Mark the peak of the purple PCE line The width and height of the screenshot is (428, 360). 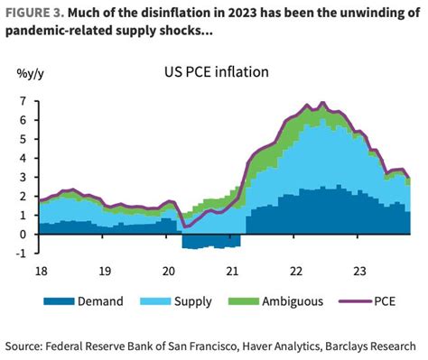323,103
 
